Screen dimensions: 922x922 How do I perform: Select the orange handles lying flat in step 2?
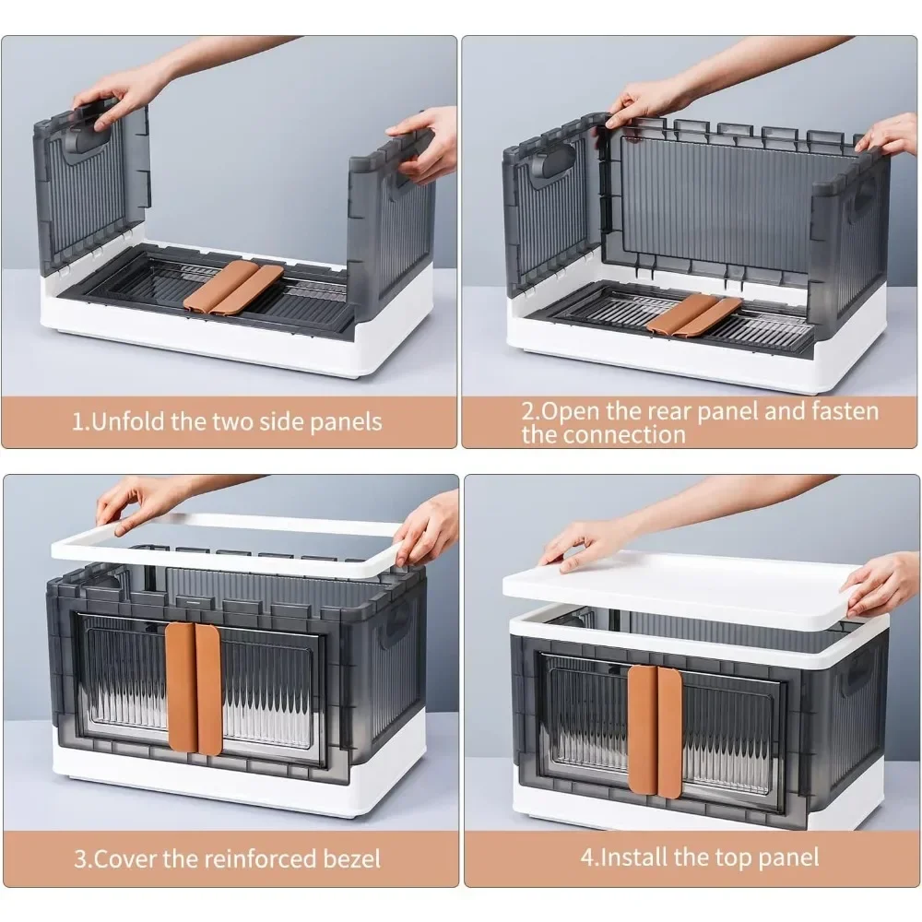694,316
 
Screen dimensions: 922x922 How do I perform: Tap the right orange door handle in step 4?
669,731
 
